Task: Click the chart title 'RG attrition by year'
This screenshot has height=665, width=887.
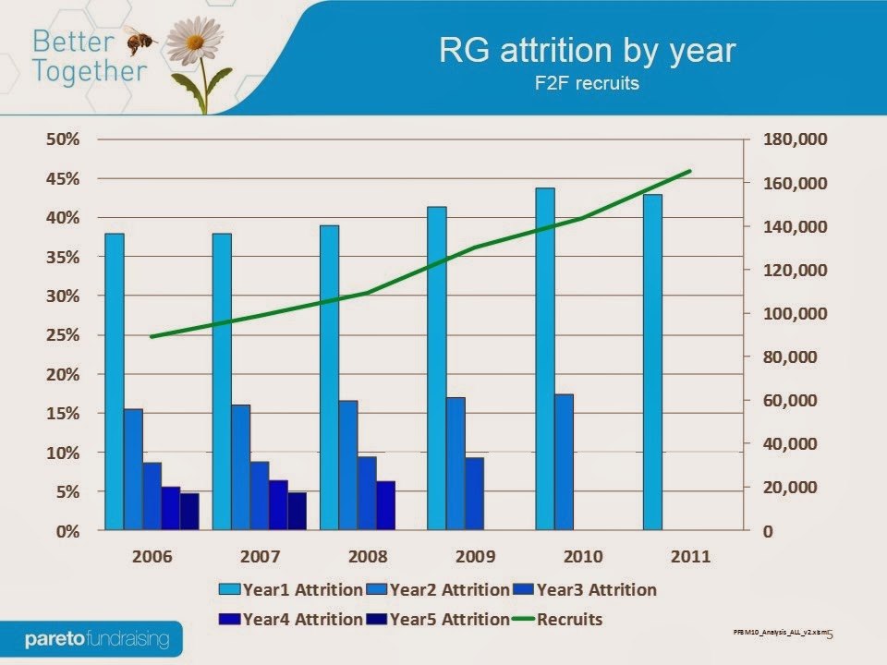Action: [x=588, y=50]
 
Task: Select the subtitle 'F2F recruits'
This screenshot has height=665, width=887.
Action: [x=588, y=82]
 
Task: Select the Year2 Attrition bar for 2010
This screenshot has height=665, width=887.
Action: [x=564, y=462]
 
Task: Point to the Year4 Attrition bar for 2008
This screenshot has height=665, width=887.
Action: [x=385, y=505]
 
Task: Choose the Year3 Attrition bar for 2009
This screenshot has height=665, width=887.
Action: [x=474, y=493]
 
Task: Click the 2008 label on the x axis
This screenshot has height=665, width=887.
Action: [x=367, y=556]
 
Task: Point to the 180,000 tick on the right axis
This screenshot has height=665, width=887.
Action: [x=795, y=139]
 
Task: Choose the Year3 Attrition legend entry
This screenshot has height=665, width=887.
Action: [x=586, y=589]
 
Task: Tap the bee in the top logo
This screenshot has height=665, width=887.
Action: [x=140, y=40]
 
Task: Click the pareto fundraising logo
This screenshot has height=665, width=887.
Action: [x=97, y=638]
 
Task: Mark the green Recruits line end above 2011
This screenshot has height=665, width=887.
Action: [x=690, y=171]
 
